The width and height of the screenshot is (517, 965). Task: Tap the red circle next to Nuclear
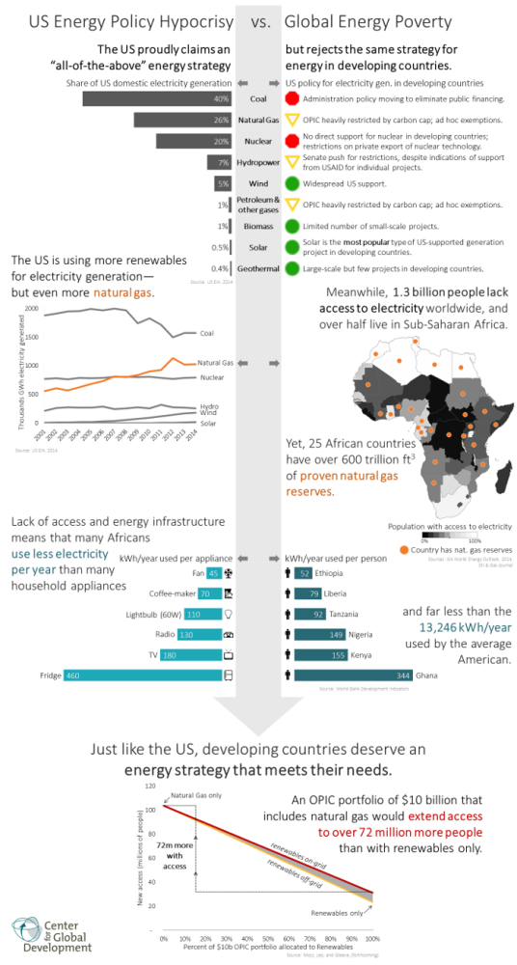(291, 141)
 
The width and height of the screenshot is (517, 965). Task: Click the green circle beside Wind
(291, 183)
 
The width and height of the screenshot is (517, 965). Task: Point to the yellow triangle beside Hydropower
(291, 162)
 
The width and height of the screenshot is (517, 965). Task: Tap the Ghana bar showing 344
(353, 675)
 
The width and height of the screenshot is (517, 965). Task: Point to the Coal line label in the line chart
(206, 333)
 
